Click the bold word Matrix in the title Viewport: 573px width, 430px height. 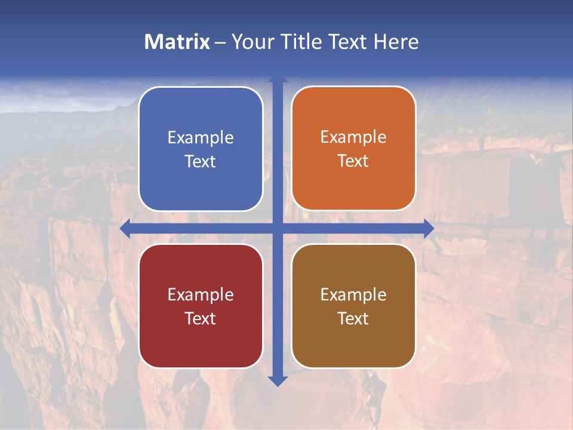(177, 42)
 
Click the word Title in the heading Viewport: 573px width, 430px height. (300, 42)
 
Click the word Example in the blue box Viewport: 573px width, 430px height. (201, 138)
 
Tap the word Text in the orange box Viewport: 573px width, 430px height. (353, 161)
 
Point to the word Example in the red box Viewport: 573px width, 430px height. (201, 295)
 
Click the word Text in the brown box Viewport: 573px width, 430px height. (353, 318)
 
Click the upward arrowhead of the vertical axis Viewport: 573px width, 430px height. (278, 79)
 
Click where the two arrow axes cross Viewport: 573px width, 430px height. (278, 229)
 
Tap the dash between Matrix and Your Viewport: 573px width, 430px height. (220, 42)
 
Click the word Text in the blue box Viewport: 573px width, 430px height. (201, 162)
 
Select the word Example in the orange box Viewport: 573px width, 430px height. (353, 137)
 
